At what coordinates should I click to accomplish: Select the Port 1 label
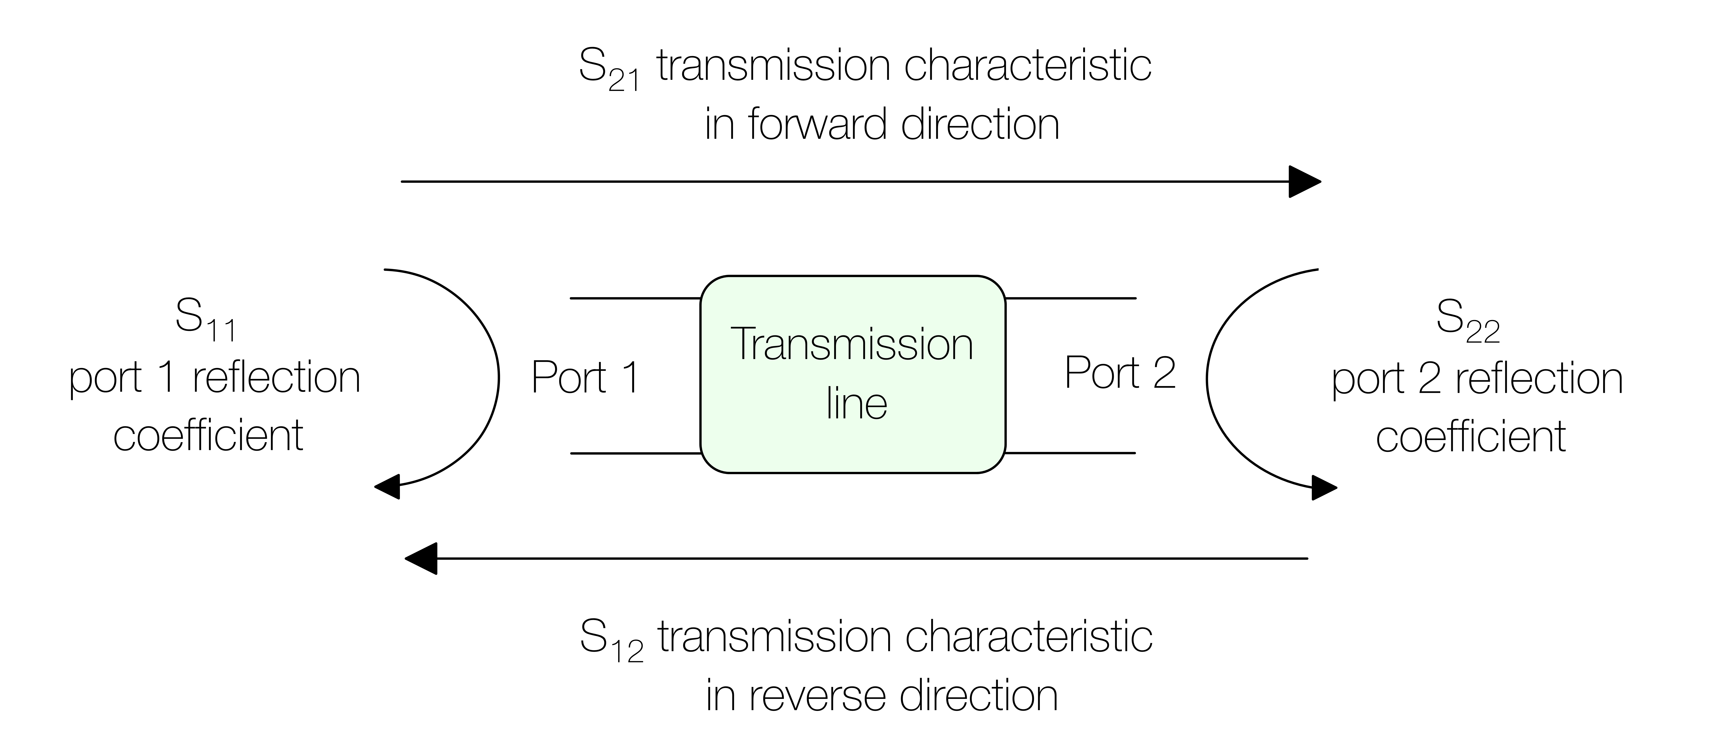[x=585, y=378]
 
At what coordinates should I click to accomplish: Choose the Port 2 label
[x=1120, y=373]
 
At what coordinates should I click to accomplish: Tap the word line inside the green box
[x=857, y=404]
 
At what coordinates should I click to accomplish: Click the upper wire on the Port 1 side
[x=635, y=298]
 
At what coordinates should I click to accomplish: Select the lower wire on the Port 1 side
[x=635, y=454]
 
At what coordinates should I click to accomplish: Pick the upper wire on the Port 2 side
[x=1070, y=298]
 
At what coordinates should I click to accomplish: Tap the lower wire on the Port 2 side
[x=1070, y=453]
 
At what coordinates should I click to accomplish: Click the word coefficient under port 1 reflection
[x=208, y=436]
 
